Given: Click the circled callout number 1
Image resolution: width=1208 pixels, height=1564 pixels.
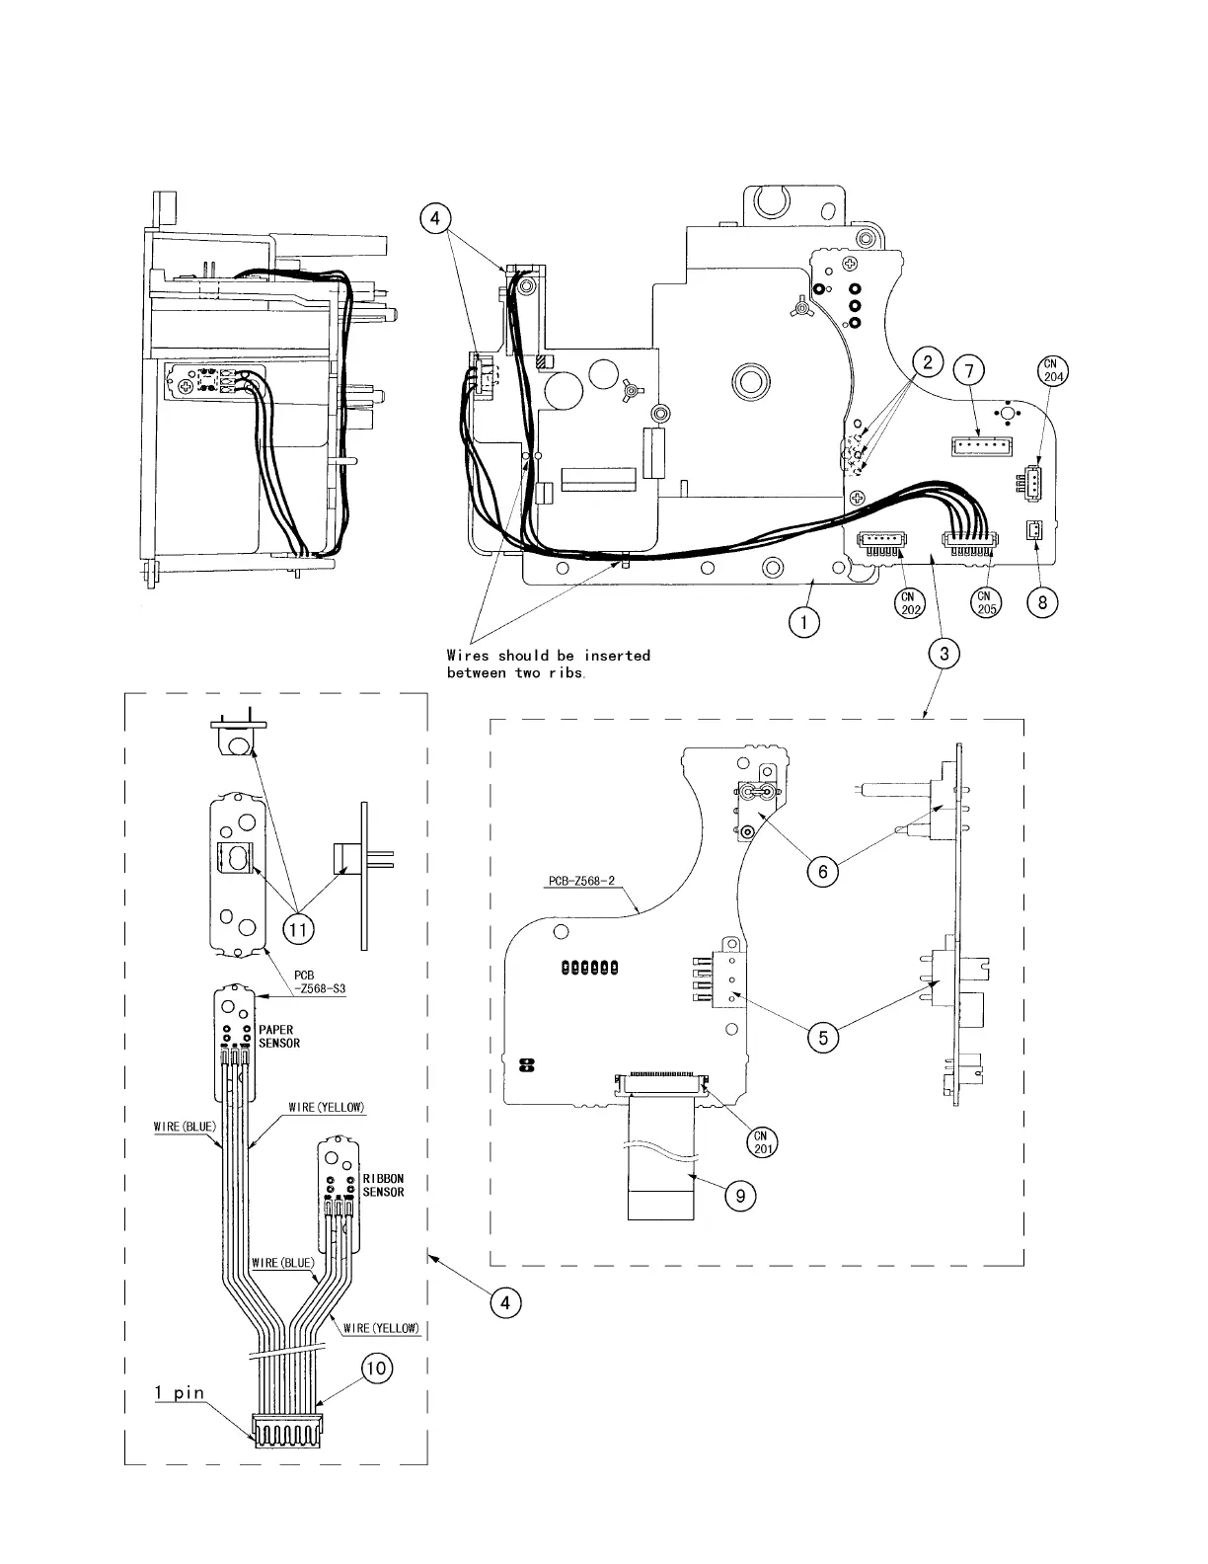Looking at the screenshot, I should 804,622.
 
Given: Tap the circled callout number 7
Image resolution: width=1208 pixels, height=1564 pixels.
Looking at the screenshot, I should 969,370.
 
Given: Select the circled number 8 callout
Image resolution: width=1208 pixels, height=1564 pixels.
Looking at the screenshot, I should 1043,601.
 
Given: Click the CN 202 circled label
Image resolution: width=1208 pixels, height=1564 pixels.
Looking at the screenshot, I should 910,602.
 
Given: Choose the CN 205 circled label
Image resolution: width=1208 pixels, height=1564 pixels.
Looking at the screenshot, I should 986,602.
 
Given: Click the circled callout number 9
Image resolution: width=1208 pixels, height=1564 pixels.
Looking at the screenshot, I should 739,1196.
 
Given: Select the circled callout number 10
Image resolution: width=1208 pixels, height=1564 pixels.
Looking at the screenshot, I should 376,1368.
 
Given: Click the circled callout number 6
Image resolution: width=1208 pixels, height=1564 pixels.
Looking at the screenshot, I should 822,871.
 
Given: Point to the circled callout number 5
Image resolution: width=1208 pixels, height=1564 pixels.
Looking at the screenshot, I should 822,1037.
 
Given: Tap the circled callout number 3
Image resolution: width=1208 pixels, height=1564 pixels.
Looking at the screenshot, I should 944,653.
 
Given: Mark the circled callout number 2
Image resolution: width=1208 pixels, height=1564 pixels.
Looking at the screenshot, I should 928,362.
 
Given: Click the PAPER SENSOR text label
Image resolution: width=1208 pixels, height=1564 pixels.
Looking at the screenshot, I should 279,1036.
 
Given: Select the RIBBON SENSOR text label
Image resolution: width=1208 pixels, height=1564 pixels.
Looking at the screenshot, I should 383,1185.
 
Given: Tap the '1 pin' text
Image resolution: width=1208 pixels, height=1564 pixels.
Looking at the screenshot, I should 180,1392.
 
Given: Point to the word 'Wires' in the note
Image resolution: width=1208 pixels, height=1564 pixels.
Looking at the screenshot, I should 469,656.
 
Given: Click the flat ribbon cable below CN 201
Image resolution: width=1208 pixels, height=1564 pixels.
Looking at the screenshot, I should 662,1165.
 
